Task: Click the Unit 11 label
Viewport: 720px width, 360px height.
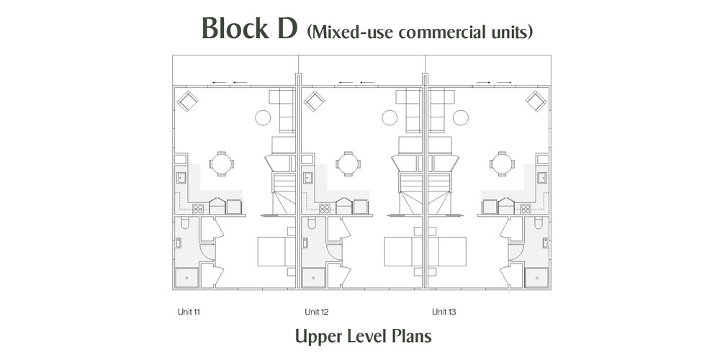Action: pyautogui.click(x=189, y=312)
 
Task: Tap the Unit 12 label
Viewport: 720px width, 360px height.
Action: pyautogui.click(x=316, y=312)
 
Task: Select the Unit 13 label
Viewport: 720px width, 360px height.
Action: pyautogui.click(x=444, y=312)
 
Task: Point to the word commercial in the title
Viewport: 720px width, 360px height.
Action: pyautogui.click(x=447, y=32)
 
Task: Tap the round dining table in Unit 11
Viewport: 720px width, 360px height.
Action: pyautogui.click(x=221, y=163)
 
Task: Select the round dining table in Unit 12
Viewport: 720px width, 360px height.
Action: pyautogui.click(x=348, y=163)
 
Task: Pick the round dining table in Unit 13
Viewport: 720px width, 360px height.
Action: pyautogui.click(x=501, y=163)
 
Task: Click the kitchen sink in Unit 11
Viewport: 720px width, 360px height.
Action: pyautogui.click(x=181, y=178)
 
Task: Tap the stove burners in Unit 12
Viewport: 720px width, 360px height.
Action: pyautogui.click(x=325, y=209)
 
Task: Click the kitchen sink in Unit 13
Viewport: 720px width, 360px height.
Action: pyautogui.click(x=542, y=178)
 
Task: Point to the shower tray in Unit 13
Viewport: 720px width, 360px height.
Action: pyautogui.click(x=537, y=278)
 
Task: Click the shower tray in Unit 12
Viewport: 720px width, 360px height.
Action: pyautogui.click(x=314, y=278)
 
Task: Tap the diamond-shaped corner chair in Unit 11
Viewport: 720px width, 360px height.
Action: pyautogui.click(x=187, y=101)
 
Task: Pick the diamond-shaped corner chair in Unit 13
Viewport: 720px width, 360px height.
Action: pyautogui.click(x=536, y=101)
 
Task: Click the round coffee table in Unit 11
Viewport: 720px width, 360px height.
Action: pyautogui.click(x=263, y=117)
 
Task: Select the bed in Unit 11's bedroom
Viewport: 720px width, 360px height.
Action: pyautogui.click(x=276, y=251)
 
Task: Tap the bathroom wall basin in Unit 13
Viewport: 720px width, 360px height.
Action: pyautogui.click(x=546, y=243)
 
